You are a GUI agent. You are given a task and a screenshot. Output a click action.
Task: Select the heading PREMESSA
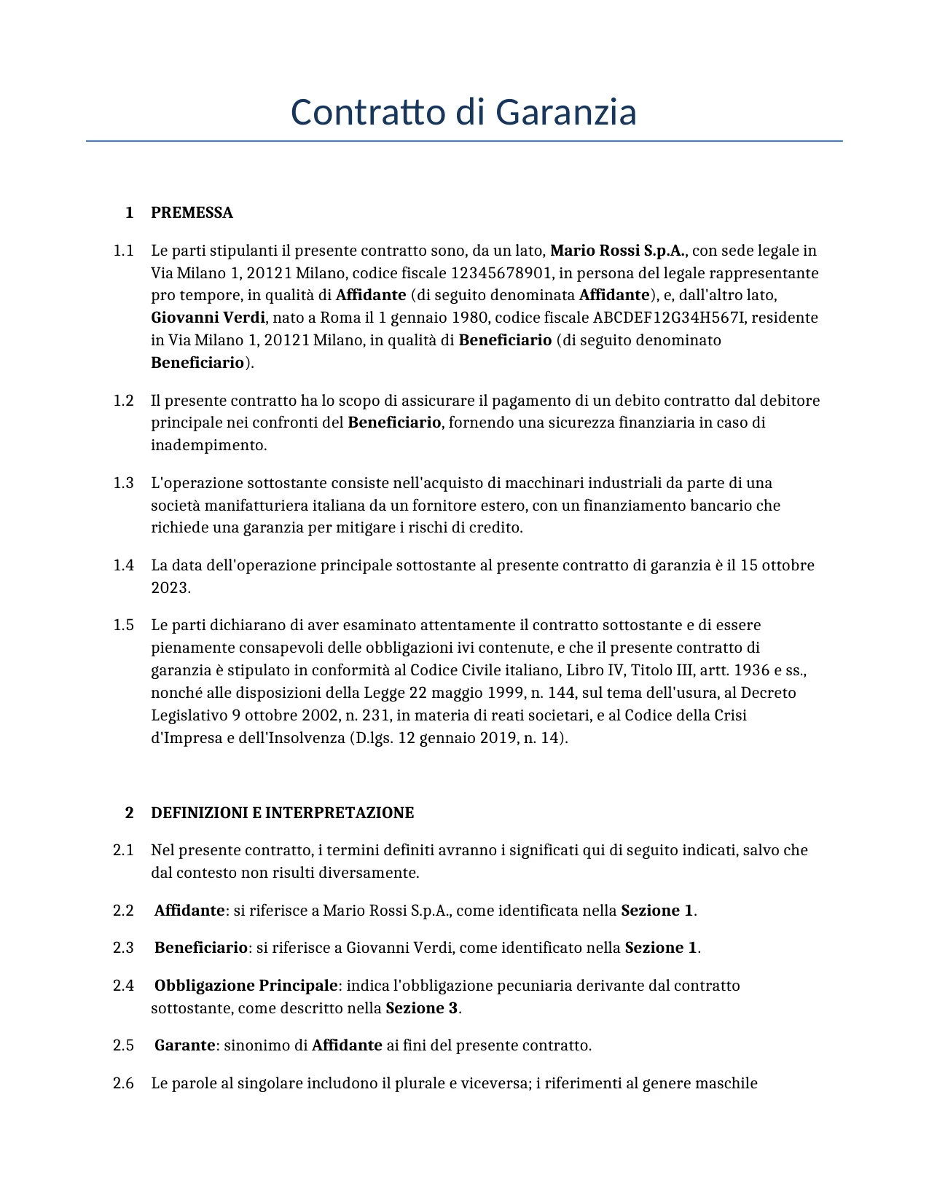coord(192,213)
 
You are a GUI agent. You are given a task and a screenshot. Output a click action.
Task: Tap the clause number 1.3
coord(123,483)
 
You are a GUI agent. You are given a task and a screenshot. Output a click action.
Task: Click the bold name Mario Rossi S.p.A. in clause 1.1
coord(617,251)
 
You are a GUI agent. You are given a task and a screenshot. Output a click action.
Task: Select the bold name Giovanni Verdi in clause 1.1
coord(208,318)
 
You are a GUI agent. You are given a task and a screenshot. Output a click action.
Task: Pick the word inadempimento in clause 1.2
coord(208,445)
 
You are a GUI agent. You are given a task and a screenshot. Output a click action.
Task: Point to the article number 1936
coord(751,670)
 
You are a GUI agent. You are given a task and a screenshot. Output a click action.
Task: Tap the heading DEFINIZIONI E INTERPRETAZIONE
coord(282,813)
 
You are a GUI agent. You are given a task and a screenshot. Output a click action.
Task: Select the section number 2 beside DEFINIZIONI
coord(129,813)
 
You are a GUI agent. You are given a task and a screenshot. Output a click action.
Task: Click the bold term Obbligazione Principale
coord(246,986)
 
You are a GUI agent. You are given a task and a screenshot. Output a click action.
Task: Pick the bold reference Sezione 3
coord(422,1008)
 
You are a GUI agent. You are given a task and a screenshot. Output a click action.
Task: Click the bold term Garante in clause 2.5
coord(184,1045)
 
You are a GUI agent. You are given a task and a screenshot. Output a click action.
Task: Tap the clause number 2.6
coord(123,1083)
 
